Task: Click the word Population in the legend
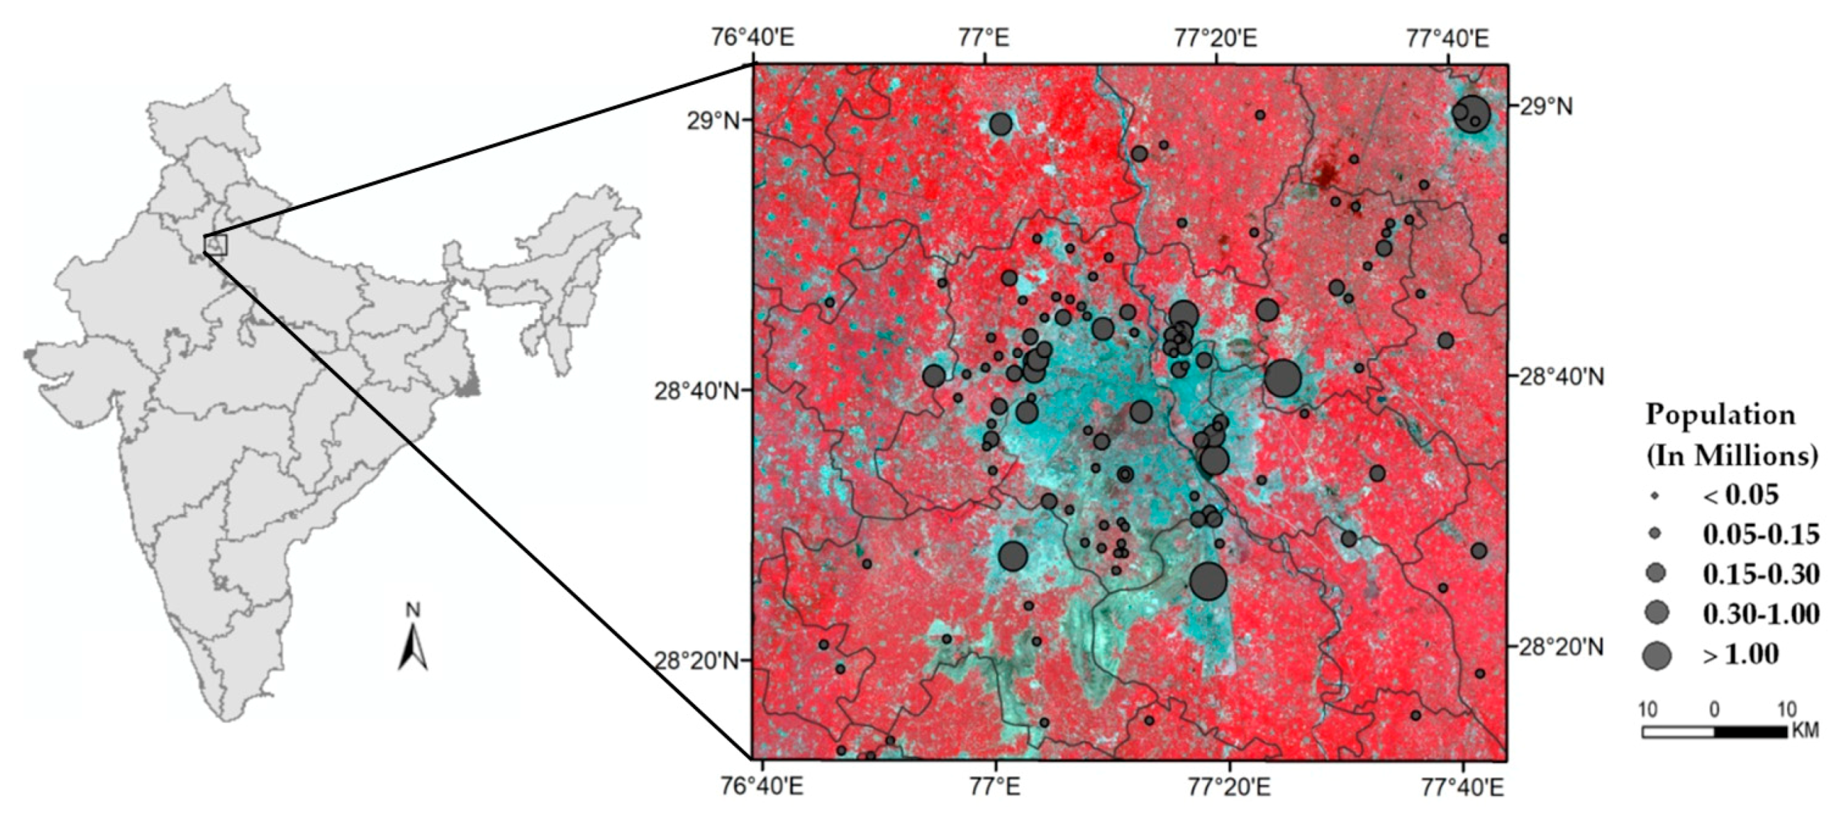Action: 1720,414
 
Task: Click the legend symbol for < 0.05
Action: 1656,495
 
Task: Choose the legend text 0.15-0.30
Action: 1761,574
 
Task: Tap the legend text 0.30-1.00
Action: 1761,614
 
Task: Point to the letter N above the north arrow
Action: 413,611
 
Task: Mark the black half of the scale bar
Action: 1750,732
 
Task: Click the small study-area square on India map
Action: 215,244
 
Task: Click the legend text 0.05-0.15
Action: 1761,534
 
